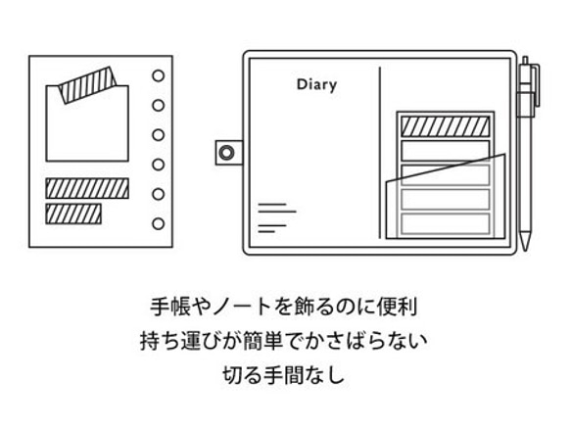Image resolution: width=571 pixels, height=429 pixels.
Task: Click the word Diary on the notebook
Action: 316,85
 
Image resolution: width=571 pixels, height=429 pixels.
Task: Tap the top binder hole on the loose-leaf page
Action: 158,75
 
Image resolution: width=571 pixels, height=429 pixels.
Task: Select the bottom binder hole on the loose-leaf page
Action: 158,223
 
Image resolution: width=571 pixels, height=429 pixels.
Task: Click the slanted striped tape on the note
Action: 87,84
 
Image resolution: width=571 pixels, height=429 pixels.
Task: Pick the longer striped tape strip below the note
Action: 87,188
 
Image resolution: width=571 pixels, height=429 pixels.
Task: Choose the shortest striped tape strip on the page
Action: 73,214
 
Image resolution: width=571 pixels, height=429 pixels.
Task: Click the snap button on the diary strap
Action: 226,152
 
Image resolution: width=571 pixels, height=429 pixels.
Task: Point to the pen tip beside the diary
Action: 524,247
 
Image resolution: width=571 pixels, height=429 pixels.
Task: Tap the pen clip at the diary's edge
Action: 535,85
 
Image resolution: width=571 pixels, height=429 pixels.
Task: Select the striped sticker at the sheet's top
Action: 446,126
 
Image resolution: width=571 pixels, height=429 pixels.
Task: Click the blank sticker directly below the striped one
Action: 446,151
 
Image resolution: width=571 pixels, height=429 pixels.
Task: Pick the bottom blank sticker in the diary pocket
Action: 446,224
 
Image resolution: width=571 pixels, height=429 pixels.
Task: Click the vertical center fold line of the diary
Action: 380,153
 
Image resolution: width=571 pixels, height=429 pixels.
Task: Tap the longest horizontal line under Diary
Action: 277,212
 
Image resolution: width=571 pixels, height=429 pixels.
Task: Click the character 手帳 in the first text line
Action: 170,307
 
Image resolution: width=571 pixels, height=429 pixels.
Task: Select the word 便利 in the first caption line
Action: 397,307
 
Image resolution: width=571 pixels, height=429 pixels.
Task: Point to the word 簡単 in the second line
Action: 263,341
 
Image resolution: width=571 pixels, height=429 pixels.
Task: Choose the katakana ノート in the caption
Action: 240,307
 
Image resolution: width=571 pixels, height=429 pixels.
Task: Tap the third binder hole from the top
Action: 158,135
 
